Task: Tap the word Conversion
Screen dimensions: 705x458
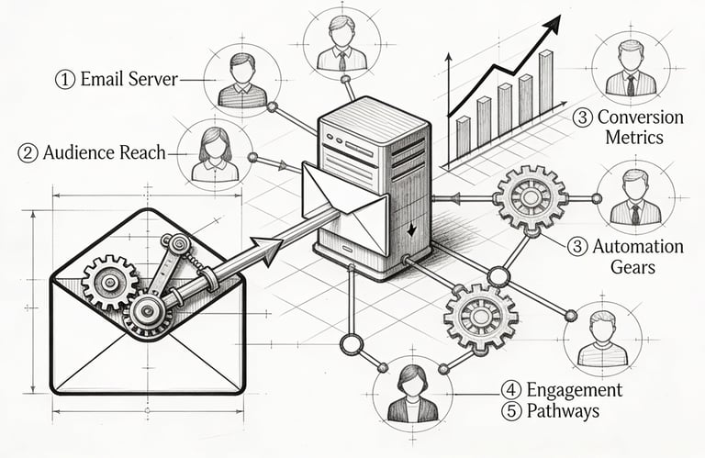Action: point(640,117)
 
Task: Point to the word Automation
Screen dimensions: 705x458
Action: point(638,247)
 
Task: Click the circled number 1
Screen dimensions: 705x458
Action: point(65,80)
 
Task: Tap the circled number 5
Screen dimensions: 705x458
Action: point(510,410)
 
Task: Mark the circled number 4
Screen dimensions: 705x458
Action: point(510,389)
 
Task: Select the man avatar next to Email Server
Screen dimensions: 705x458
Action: point(241,81)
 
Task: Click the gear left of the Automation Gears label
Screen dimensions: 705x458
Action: point(530,197)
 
